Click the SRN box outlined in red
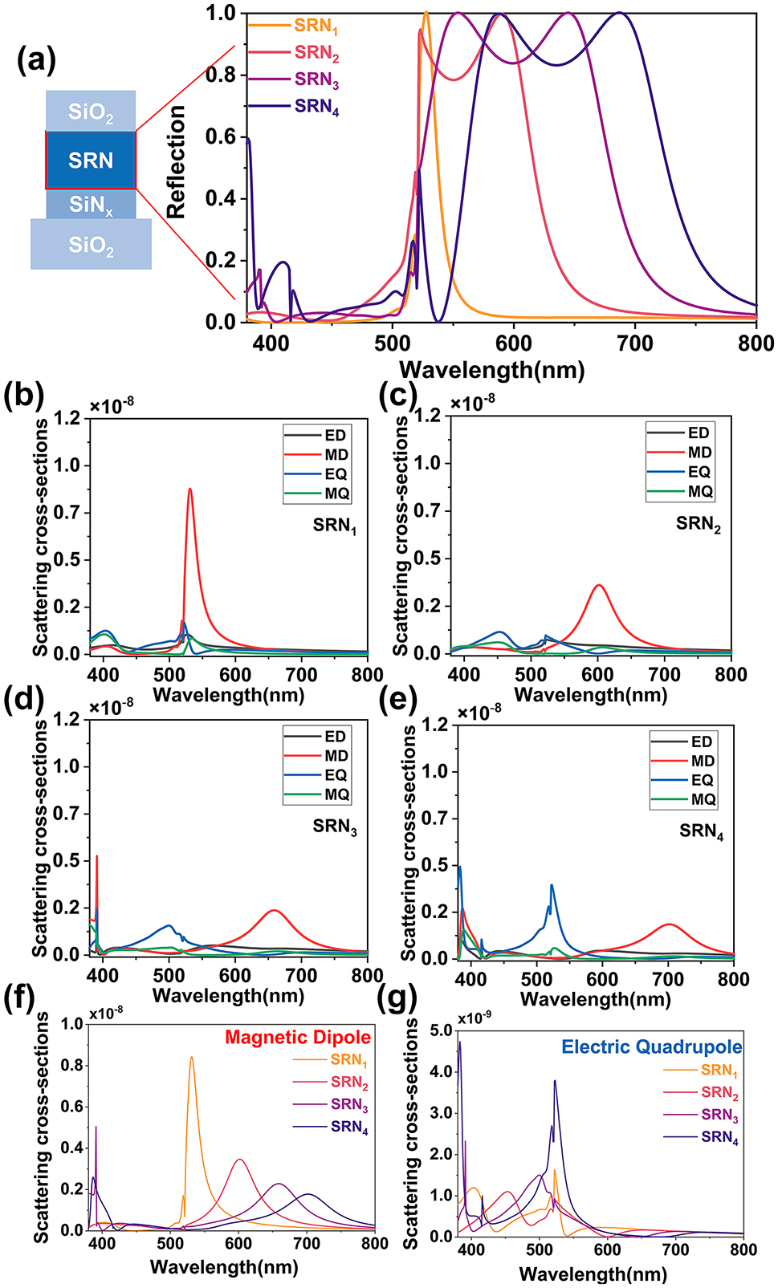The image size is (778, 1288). [91, 160]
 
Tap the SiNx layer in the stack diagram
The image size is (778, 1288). [91, 205]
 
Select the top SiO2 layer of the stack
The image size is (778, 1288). [91, 112]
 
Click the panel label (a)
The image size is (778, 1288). [36, 59]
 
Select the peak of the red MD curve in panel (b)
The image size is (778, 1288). [190, 489]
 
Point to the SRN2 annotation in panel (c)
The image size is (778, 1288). [698, 524]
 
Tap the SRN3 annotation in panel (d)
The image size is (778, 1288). [335, 826]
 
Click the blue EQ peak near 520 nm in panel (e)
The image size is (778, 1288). [552, 885]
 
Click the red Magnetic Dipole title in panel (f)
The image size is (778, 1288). [298, 1037]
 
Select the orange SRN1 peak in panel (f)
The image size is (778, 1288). [191, 1058]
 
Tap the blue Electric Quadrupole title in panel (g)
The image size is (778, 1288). [651, 1046]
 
